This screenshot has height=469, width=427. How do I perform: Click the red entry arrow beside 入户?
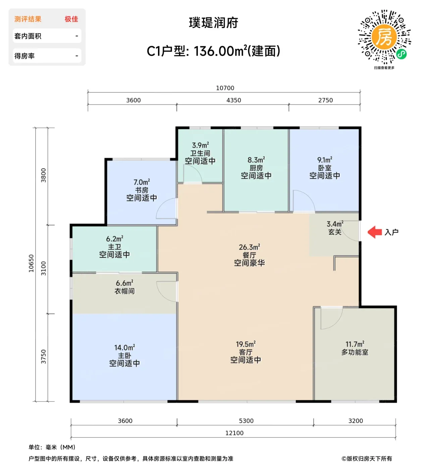click(x=375, y=232)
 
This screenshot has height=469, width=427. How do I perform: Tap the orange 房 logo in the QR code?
click(x=384, y=37)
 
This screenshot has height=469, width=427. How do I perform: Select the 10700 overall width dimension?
click(x=225, y=88)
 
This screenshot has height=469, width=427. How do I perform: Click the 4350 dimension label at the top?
click(x=234, y=100)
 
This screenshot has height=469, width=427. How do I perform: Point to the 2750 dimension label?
click(x=325, y=100)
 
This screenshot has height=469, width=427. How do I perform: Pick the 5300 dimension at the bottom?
click(x=246, y=421)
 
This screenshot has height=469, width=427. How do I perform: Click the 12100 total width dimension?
click(x=234, y=433)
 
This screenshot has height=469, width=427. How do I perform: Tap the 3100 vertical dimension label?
click(x=44, y=268)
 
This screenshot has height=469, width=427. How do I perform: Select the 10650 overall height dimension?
click(x=31, y=263)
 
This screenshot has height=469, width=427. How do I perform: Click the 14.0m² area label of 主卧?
click(x=124, y=347)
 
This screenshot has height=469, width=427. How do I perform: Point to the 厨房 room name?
click(x=256, y=168)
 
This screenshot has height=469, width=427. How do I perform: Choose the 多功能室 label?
click(x=355, y=352)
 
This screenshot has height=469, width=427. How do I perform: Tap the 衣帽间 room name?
click(x=124, y=291)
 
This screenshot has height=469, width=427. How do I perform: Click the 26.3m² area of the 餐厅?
click(x=250, y=247)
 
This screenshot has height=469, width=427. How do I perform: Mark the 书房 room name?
click(x=142, y=190)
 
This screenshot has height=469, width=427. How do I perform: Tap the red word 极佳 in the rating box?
click(x=71, y=19)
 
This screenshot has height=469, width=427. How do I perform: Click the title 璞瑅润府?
click(x=213, y=23)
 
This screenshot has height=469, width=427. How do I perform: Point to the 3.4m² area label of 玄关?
click(x=335, y=224)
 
